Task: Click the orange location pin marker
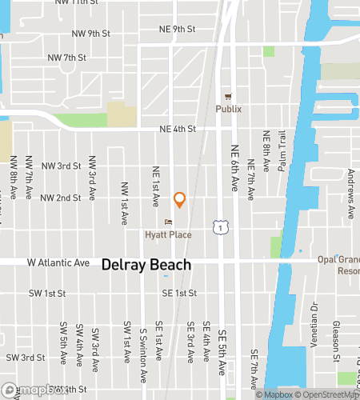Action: coord(180,200)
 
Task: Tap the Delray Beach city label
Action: coord(146,265)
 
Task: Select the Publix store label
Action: coord(228,109)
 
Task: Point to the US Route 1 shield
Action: coord(218,228)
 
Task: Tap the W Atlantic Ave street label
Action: coord(58,262)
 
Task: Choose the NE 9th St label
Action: coord(177,30)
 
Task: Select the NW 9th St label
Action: coord(89,34)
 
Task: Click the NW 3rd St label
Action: coord(61,166)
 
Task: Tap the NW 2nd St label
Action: coord(61,198)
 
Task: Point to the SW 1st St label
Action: coord(46,294)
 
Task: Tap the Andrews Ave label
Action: coord(350,202)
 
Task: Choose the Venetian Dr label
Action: coord(314,321)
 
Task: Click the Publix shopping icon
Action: coord(228,95)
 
